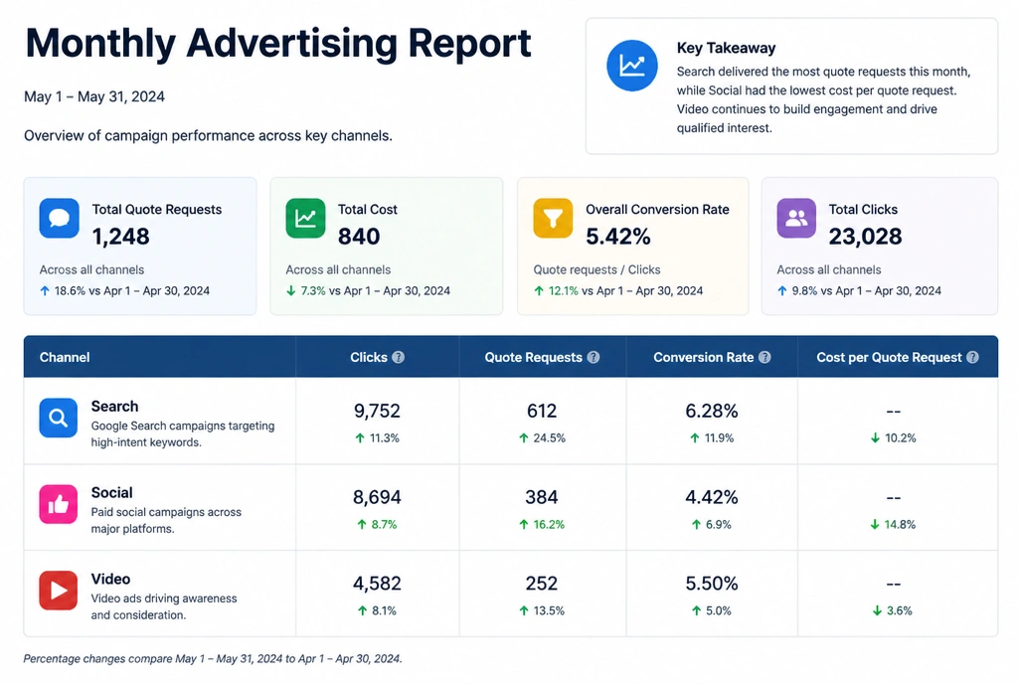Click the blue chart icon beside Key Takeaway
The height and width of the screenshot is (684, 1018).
631,66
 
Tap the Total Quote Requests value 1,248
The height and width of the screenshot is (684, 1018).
120,237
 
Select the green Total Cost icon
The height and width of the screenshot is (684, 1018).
305,218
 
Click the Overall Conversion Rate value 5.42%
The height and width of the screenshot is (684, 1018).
618,237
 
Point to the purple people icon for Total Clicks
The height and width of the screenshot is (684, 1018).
796,218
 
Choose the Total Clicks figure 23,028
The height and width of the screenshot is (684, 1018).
865,237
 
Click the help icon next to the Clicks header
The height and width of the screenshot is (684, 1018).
398,357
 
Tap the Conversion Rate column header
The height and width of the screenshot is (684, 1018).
704,357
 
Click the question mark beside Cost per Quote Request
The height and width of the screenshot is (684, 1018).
972,357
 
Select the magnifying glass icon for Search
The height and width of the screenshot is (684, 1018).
59,418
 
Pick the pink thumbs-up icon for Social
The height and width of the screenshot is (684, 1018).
59,504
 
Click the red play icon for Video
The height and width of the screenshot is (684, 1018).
59,590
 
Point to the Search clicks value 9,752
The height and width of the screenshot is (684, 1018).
377,411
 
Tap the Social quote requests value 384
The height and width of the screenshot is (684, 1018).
542,497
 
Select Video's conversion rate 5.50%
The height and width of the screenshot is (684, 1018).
712,584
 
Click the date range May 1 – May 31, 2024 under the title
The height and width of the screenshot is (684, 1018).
94,96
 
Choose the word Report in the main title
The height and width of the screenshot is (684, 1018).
469,43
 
